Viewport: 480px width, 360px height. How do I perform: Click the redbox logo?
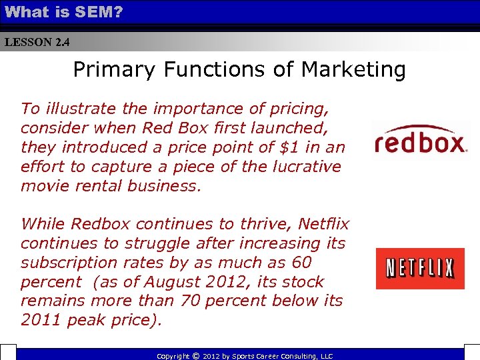coord(420,141)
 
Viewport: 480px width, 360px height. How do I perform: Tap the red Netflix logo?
coord(420,268)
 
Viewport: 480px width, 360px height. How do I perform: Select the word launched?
coord(307,128)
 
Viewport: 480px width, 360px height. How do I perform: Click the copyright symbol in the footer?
coord(195,356)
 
